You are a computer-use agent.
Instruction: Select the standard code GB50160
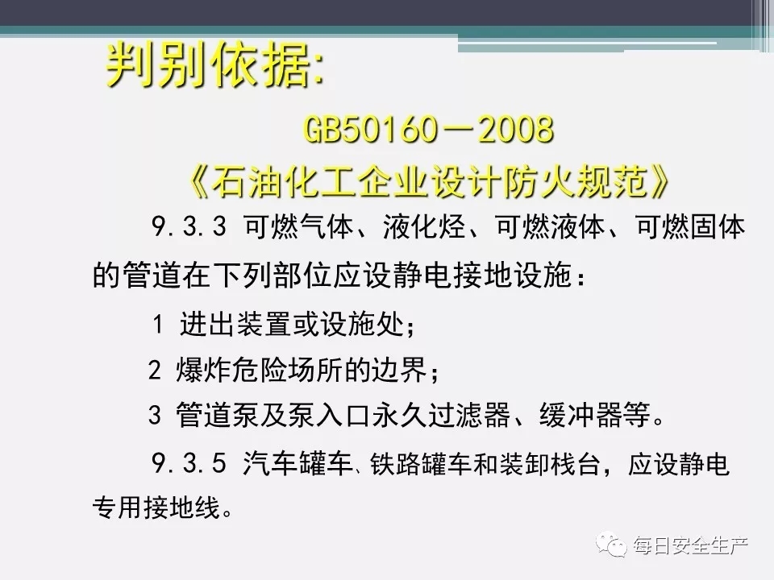coord(370,129)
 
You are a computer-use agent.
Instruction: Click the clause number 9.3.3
coord(188,227)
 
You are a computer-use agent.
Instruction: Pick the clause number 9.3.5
coord(188,464)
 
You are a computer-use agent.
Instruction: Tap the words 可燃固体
coord(690,227)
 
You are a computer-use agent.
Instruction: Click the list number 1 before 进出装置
coord(158,325)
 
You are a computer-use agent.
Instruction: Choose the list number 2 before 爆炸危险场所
coord(155,370)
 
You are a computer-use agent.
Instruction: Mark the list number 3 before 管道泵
coord(155,415)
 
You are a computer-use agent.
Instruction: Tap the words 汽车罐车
coord(297,464)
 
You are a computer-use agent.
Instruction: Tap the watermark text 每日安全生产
coord(691,545)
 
